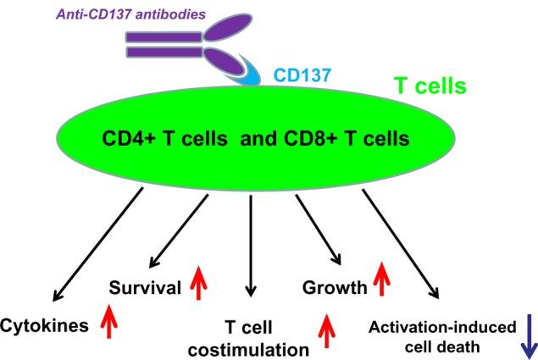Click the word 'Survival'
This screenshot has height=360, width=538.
[145, 288]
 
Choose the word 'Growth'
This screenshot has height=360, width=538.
[335, 288]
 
